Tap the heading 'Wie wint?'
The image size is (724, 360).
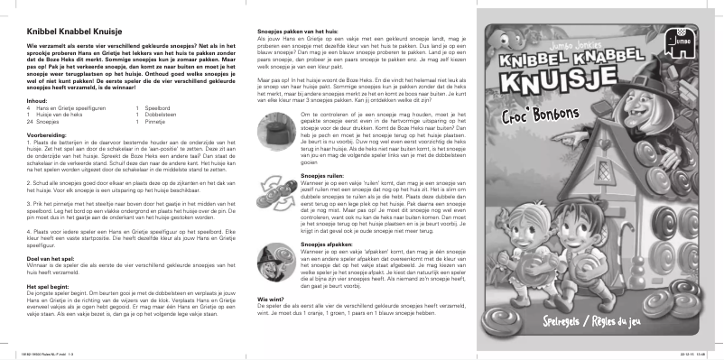tap(258, 297)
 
